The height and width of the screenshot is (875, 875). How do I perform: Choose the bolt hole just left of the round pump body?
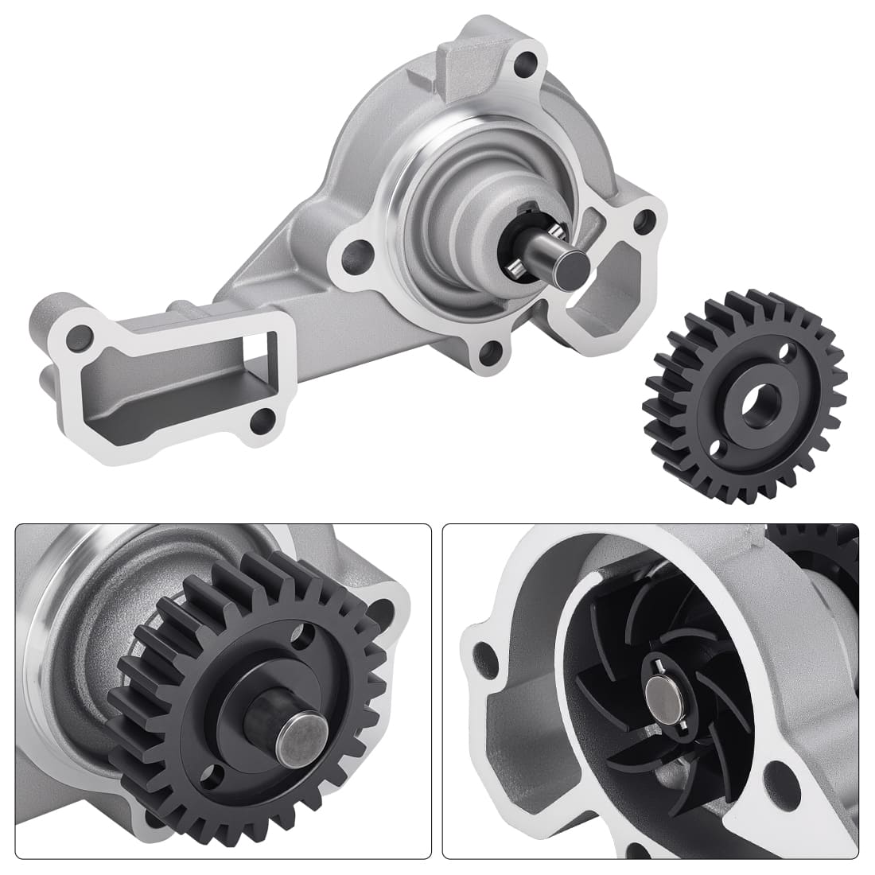352,255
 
